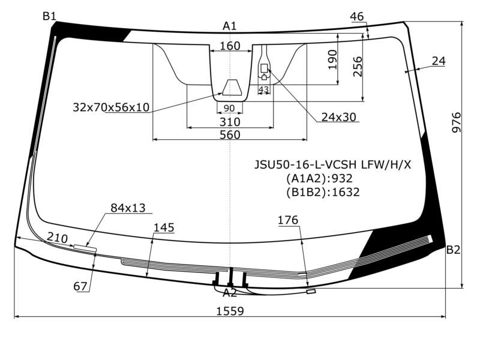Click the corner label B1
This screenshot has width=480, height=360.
(x=49, y=16)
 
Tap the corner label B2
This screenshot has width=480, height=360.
(x=453, y=250)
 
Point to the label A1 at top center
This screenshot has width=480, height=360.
(x=230, y=26)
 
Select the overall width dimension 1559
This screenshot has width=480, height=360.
(x=230, y=311)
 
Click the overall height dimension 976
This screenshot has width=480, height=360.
(x=456, y=122)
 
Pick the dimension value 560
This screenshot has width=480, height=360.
(x=230, y=134)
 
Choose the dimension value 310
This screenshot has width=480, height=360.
(x=230, y=122)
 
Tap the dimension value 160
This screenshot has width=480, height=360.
(x=230, y=46)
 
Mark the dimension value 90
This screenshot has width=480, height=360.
(x=229, y=108)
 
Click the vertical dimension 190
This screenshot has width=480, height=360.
(x=332, y=59)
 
